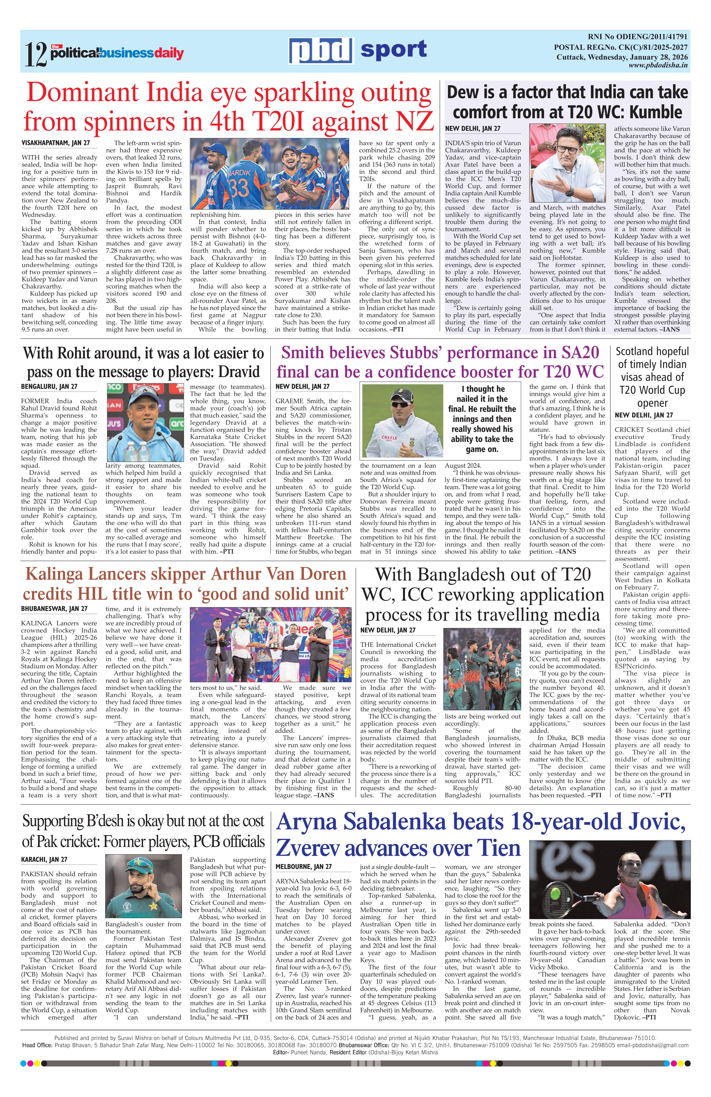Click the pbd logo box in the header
click(320, 50)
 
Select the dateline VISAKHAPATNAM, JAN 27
click(56, 143)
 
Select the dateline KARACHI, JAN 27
click(44, 860)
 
